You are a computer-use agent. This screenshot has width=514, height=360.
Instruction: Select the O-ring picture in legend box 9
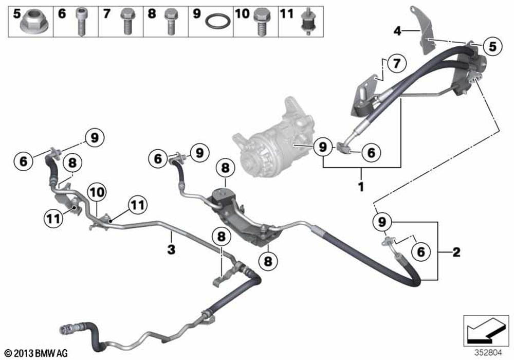[x=217, y=22]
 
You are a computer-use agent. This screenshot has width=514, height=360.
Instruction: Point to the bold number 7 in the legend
[x=106, y=14]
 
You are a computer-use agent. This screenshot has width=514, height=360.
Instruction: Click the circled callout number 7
[x=397, y=63]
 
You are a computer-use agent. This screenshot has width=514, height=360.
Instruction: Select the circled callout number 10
[x=97, y=192]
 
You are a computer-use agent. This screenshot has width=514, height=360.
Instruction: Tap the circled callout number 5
[x=493, y=46]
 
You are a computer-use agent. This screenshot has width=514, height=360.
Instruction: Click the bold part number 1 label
[x=361, y=187]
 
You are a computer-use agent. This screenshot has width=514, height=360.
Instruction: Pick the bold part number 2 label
[x=456, y=252]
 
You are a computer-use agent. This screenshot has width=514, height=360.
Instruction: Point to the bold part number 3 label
[x=172, y=250]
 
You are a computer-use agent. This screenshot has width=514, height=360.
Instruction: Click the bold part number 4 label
[x=397, y=31]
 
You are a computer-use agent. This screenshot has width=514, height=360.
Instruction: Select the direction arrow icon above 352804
[x=486, y=331]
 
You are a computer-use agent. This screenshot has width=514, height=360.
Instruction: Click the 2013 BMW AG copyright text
[x=36, y=353]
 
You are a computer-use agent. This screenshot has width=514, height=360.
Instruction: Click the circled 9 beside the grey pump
[x=323, y=147]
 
